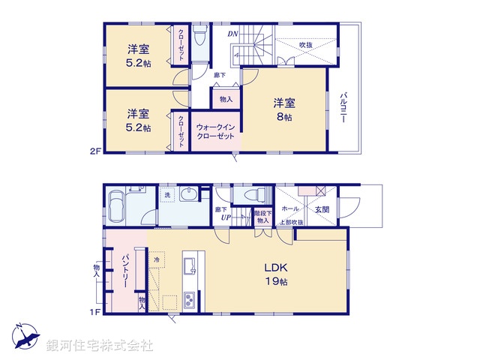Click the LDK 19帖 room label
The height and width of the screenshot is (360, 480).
pyautogui.click(x=275, y=274)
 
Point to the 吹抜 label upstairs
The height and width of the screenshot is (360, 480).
pyautogui.click(x=306, y=45)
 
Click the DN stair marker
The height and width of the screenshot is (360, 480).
pyautogui.click(x=232, y=34)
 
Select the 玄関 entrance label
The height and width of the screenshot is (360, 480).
pyautogui.click(x=322, y=209)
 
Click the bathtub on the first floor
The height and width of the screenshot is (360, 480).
pyautogui.click(x=118, y=205)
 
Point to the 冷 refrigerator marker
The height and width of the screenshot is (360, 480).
pyautogui.click(x=157, y=260)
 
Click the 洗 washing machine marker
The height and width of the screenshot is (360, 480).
pyautogui.click(x=166, y=196)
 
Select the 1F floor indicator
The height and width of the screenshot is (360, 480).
pyautogui.click(x=94, y=311)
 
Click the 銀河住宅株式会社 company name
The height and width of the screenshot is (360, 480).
pyautogui.click(x=100, y=346)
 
